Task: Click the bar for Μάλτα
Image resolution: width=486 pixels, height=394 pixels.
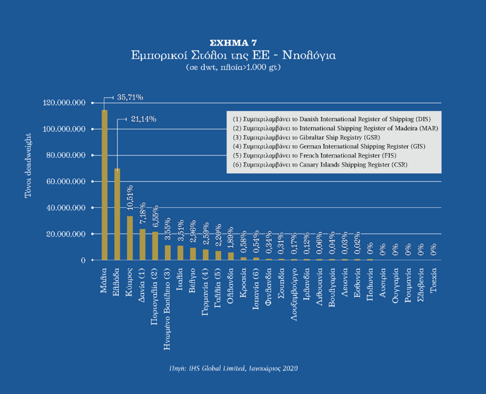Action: (105, 185)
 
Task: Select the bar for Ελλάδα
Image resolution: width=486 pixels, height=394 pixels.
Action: (117, 214)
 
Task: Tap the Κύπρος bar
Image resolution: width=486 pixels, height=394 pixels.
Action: (130, 238)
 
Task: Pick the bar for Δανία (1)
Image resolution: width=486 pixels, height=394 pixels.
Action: (142, 245)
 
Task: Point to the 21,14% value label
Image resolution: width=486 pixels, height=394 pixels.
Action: (143, 119)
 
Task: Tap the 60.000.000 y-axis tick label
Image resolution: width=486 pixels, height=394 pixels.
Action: (68, 182)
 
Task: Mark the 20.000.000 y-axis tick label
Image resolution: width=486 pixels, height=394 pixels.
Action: (68, 234)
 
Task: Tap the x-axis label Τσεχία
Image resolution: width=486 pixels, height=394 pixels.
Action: (433, 282)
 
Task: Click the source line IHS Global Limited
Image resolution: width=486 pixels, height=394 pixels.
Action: (233, 368)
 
